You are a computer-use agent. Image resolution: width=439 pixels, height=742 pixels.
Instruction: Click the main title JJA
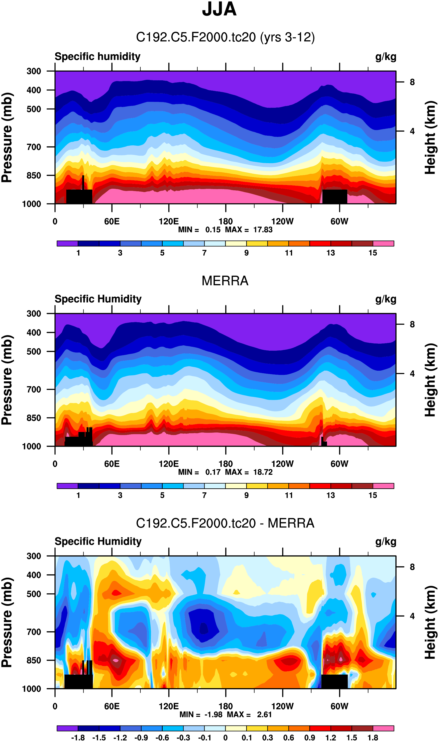point(219,9)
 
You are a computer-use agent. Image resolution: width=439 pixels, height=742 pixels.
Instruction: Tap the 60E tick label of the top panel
point(112,221)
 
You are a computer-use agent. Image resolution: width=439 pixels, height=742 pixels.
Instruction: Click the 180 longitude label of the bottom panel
point(225,706)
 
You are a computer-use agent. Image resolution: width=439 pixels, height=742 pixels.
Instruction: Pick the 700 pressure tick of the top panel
point(34,147)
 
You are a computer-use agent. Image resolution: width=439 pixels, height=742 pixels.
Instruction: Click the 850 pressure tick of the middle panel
point(34,418)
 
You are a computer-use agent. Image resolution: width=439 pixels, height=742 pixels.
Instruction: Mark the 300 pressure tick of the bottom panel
point(34,556)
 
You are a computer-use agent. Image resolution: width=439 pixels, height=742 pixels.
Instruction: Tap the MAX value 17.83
point(263,230)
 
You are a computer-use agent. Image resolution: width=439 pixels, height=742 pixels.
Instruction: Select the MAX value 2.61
point(264,715)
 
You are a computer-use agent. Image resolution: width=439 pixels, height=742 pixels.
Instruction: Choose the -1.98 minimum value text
point(214,715)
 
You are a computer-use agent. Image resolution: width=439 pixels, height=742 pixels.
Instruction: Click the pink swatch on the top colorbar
point(383,243)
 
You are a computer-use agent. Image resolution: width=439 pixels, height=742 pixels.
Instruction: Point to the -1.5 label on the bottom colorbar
point(99,738)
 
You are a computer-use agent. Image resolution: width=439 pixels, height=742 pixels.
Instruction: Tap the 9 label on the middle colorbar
point(246,495)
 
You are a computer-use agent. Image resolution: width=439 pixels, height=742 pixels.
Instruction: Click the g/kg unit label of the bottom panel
point(385,541)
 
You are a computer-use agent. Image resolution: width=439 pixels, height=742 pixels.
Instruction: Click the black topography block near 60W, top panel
point(334,197)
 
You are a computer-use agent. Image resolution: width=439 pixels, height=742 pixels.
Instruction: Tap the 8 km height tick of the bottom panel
point(412,567)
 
